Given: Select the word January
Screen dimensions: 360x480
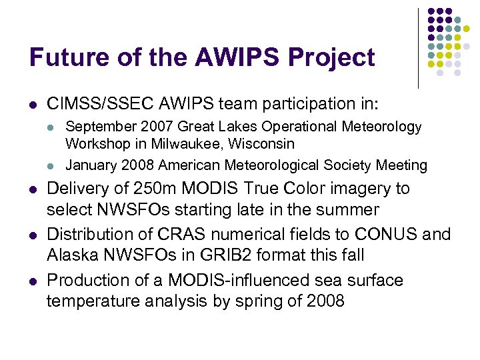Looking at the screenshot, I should [90, 165].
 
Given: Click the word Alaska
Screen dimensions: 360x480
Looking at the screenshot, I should [71, 255].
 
